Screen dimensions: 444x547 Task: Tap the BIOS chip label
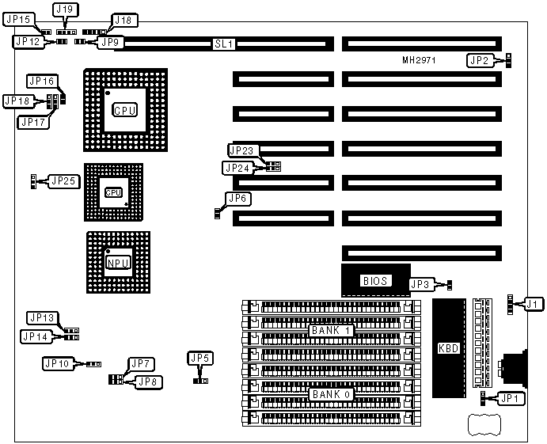(372, 280)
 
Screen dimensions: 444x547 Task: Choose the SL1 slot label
(224, 44)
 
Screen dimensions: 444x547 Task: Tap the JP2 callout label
(479, 60)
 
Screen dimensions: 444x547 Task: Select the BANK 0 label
(331, 393)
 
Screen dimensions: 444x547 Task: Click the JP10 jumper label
(58, 363)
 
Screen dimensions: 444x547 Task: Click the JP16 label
(41, 82)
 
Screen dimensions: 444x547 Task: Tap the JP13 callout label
(42, 317)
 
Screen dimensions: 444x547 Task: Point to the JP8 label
(147, 381)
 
